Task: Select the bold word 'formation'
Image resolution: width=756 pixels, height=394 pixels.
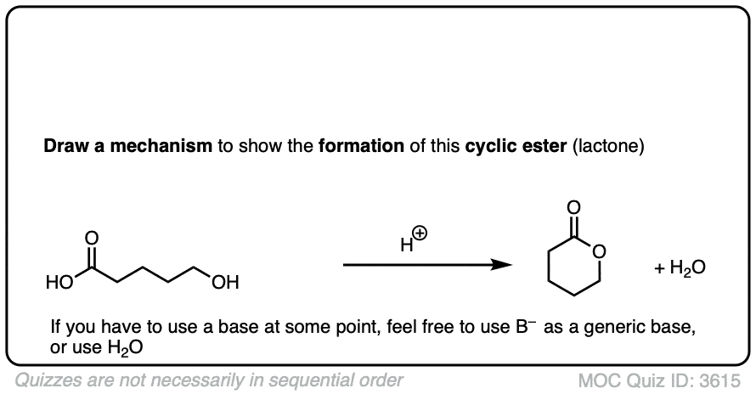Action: tap(361, 146)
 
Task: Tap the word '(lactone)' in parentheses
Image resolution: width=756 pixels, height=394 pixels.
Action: tap(610, 146)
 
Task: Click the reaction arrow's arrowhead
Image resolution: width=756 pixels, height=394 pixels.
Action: tap(504, 265)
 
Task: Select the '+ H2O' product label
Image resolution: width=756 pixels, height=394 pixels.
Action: tap(680, 268)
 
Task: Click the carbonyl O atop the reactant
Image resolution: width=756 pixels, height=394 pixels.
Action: tap(92, 236)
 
